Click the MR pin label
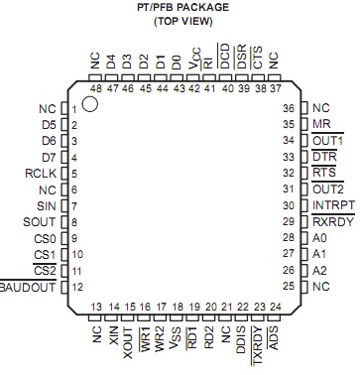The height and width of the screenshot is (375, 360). pyautogui.click(x=320, y=124)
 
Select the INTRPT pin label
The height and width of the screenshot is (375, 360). pyautogui.click(x=331, y=205)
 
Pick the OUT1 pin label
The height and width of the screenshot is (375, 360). pyautogui.click(x=326, y=141)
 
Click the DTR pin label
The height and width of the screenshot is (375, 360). pyautogui.click(x=323, y=157)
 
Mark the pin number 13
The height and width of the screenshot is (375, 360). pyautogui.click(x=97, y=307)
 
